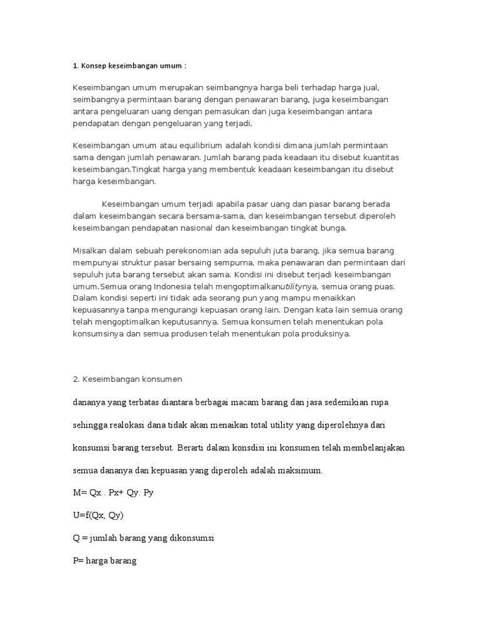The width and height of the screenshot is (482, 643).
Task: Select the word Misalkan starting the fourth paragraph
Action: (x=92, y=250)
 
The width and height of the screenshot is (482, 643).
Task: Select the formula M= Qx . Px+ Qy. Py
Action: (x=114, y=493)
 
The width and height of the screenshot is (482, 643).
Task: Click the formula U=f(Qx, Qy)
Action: (x=99, y=516)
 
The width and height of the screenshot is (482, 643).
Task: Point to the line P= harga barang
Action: (x=105, y=560)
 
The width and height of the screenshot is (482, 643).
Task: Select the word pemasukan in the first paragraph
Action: (x=225, y=112)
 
